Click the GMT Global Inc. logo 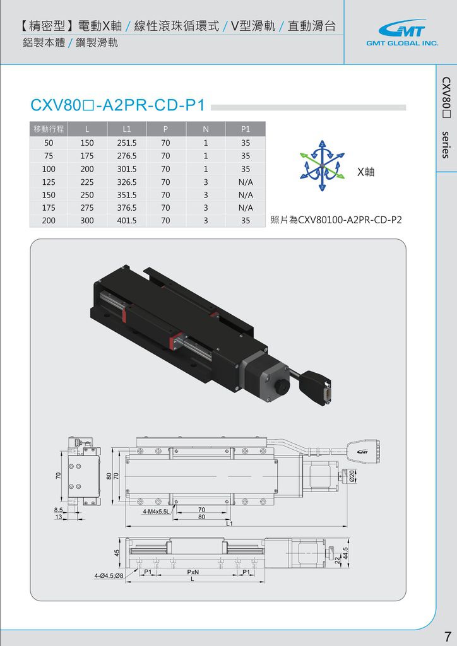(x=402, y=33)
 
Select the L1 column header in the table (x=126, y=129)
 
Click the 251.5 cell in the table (x=126, y=143)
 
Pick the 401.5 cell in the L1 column (x=126, y=220)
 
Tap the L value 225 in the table (x=87, y=182)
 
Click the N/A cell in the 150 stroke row (x=246, y=194)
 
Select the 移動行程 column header (x=49, y=129)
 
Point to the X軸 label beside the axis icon (x=366, y=172)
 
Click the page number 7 (x=448, y=636)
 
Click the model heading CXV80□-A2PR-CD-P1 (x=118, y=105)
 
